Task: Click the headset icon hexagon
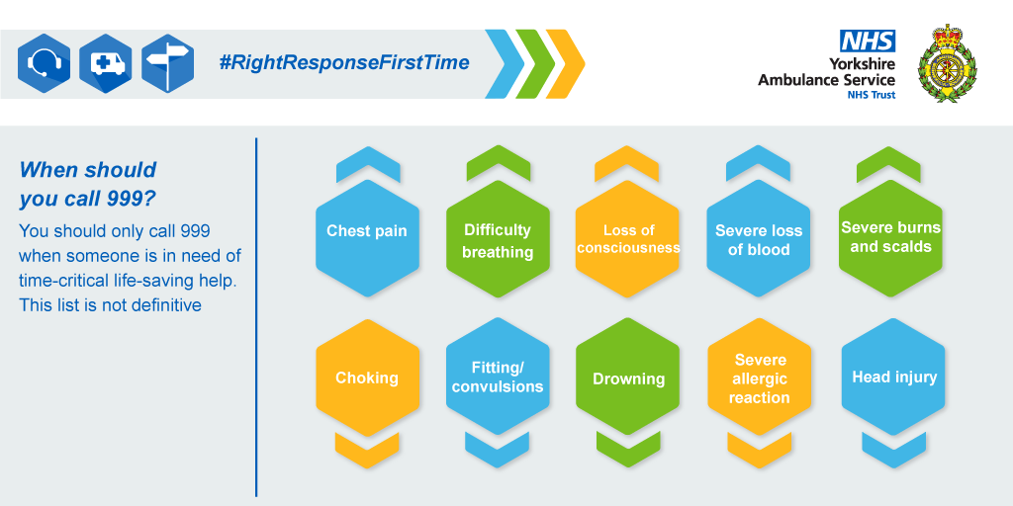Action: [44, 64]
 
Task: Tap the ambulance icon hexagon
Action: [105, 64]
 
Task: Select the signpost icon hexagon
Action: [167, 64]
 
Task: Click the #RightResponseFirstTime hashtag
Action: [343, 62]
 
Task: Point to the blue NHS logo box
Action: [867, 41]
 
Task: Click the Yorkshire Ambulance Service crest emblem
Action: [948, 63]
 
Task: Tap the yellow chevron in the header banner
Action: [565, 64]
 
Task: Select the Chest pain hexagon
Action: [367, 238]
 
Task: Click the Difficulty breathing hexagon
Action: [498, 238]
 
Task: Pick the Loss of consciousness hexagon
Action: [627, 238]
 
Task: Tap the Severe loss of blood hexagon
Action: [759, 238]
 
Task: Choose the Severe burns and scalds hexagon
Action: [890, 238]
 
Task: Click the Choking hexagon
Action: [367, 378]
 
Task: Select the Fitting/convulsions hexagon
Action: [498, 378]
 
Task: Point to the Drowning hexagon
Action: [627, 378]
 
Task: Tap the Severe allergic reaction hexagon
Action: [759, 378]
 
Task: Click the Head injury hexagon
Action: [893, 378]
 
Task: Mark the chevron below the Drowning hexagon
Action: [628, 450]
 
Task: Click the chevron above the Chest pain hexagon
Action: [368, 165]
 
